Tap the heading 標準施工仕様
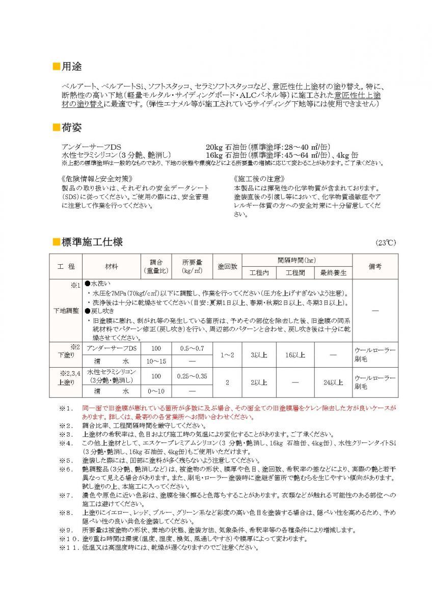(x=92, y=241)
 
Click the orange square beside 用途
(x=57, y=67)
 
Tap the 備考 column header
(x=374, y=266)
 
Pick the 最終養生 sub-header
(x=333, y=273)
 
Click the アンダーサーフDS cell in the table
(x=112, y=348)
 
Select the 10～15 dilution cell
(x=155, y=360)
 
